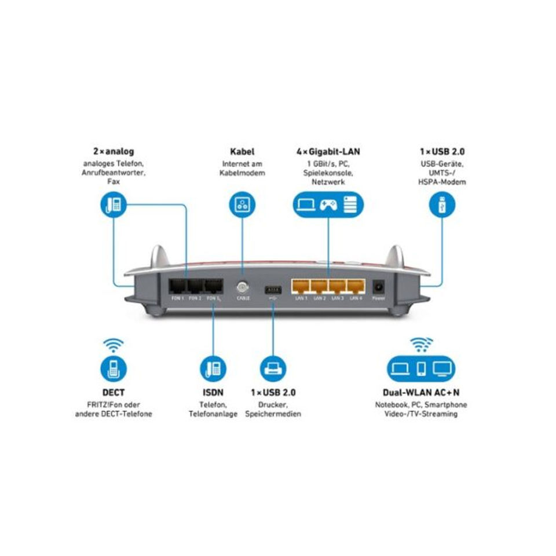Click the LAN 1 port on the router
pos(301,286)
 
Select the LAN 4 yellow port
pos(356,286)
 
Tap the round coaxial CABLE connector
pos(242,286)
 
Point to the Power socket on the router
pos(379,286)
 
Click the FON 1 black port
pos(177,286)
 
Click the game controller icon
pos(328,205)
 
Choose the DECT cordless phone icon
pos(113,368)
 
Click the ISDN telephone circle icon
pos(212,368)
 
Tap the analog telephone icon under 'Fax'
pos(113,205)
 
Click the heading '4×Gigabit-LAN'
pos(328,152)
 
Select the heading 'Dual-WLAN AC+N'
pos(420,392)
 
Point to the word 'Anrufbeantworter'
pos(114,173)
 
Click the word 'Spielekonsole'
pos(328,173)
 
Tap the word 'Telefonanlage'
pos(213,414)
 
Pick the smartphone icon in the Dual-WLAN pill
pos(420,368)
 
